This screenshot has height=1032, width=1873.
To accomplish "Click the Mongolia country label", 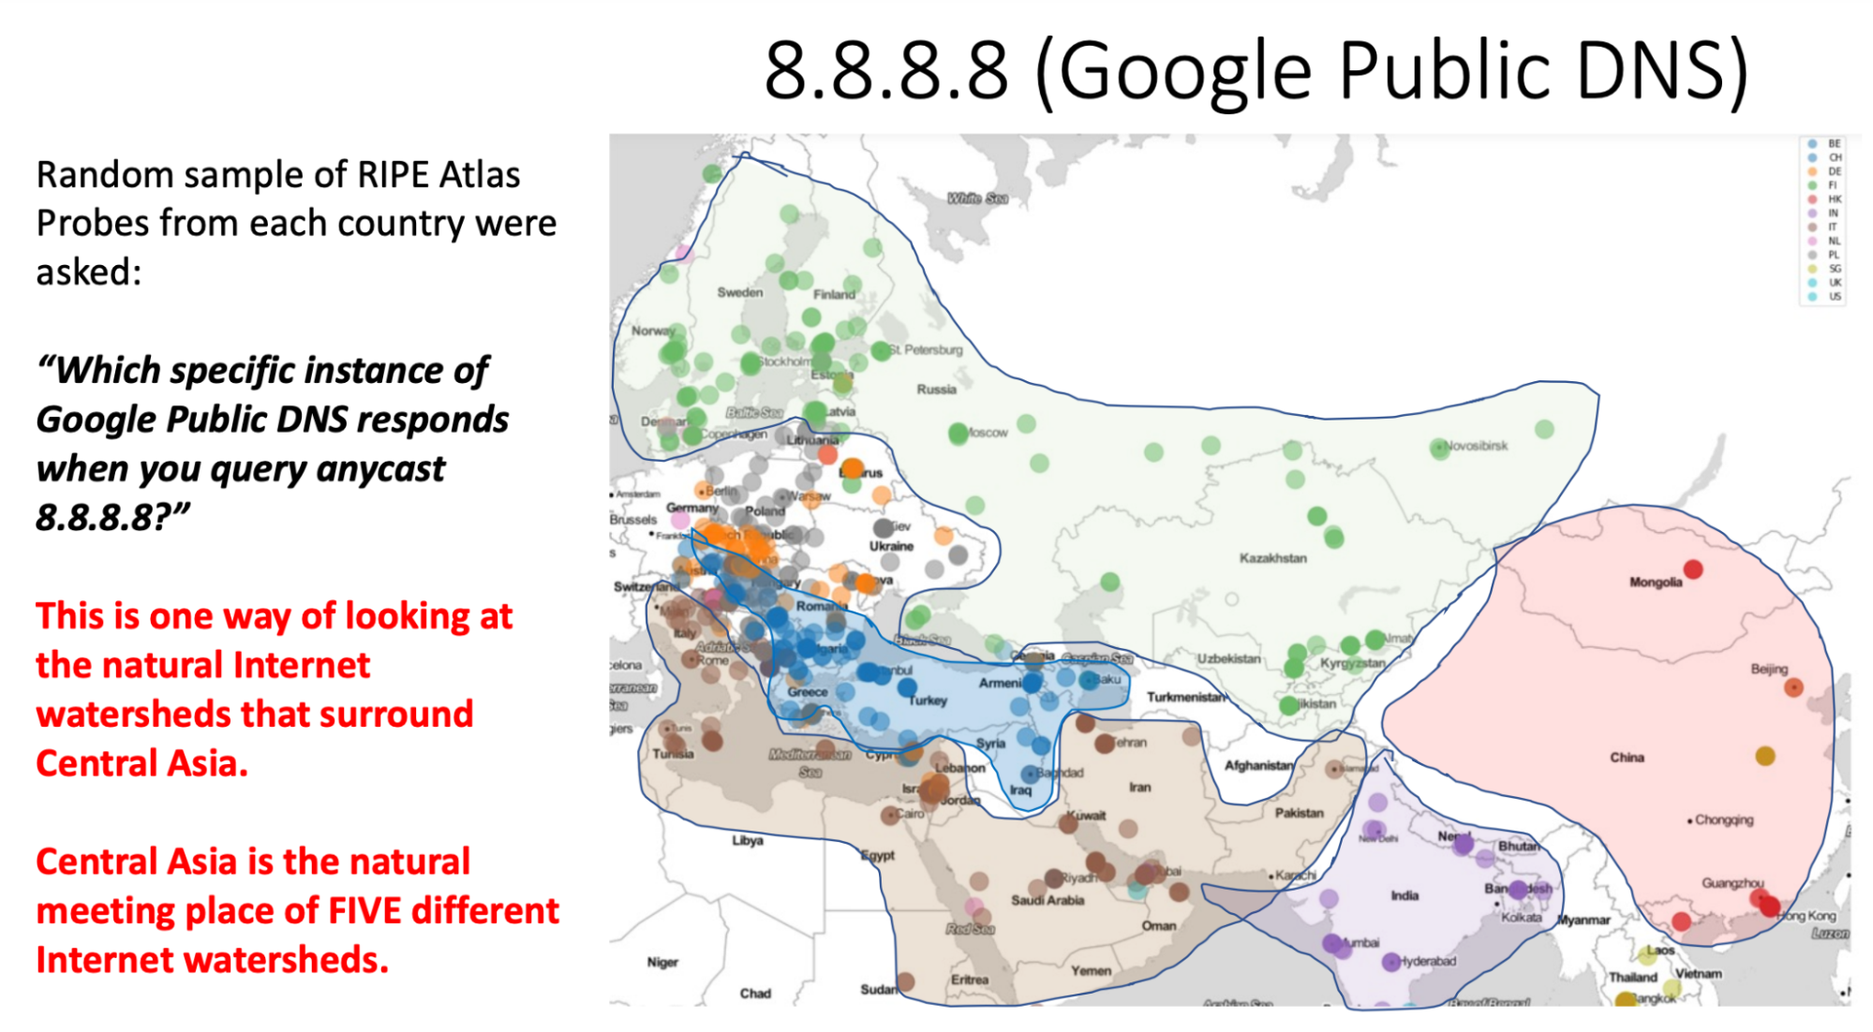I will point(1655,582).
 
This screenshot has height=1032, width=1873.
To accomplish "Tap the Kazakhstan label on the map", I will point(1272,558).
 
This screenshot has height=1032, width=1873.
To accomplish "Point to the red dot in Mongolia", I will point(1693,568).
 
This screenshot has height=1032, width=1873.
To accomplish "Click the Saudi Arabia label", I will point(1047,900).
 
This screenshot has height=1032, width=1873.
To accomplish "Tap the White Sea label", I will point(976,199).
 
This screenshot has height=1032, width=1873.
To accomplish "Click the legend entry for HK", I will point(1834,199).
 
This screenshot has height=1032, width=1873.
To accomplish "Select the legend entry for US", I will point(1834,296).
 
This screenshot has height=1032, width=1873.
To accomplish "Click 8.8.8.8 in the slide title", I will point(885,71).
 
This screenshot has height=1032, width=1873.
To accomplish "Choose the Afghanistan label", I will point(1258,766).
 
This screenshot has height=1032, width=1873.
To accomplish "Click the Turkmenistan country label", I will point(1185,697).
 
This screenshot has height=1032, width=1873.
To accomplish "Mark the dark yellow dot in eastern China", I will point(1765,756).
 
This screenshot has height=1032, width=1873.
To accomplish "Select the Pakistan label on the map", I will point(1299,813).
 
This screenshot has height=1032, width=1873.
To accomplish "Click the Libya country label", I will point(747,840).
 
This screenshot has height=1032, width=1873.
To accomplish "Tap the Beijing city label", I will point(1769,669).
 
